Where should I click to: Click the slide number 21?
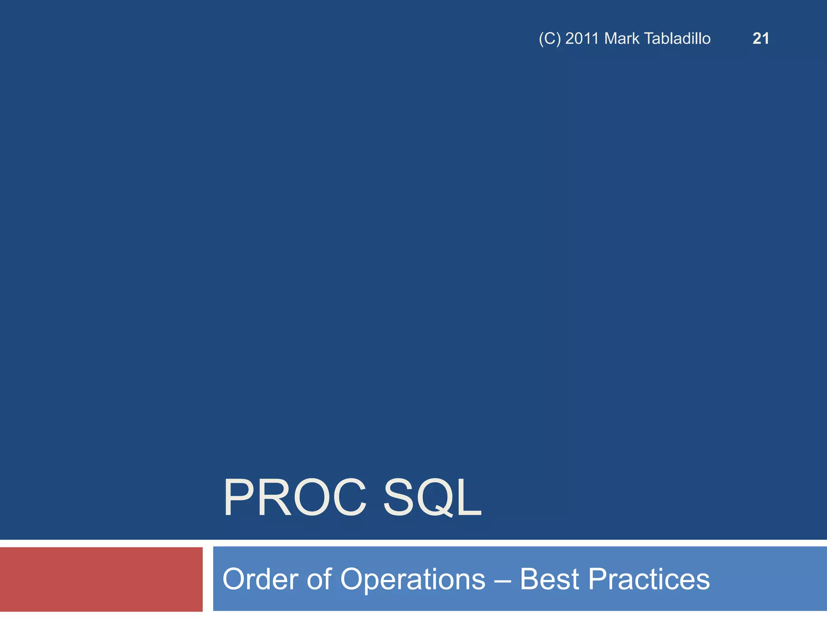point(761,39)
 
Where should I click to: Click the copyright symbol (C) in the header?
point(550,39)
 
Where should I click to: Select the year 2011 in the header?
point(582,39)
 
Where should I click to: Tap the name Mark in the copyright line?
point(622,39)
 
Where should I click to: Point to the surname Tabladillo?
point(677,39)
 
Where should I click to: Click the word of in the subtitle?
point(319,579)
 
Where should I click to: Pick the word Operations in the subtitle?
point(412,579)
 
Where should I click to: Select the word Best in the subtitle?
point(550,579)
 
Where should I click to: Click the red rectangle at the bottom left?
point(101,579)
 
